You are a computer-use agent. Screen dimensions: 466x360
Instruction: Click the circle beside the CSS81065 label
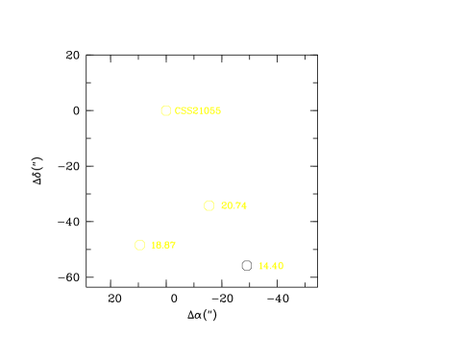tap(165, 111)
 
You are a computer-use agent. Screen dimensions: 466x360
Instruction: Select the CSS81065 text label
tap(198, 111)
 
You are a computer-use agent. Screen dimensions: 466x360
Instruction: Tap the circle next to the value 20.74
tap(208, 205)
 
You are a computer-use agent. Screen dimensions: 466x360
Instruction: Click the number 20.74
tap(234, 206)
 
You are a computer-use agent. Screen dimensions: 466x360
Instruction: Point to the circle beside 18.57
tap(139, 245)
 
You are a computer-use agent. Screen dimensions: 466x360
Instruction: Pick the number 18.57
tap(164, 245)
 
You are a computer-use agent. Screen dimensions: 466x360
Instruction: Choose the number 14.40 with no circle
tap(271, 266)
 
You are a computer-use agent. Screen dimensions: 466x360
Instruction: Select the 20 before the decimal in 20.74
tap(227, 206)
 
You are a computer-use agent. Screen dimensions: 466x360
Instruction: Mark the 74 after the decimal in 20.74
tap(241, 206)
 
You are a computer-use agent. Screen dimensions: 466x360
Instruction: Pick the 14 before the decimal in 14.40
tap(264, 266)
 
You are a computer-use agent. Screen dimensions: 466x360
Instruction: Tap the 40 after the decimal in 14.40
tap(278, 266)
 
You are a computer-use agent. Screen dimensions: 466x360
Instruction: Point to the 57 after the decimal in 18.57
tap(170, 245)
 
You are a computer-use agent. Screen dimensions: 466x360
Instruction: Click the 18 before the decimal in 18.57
tap(157, 245)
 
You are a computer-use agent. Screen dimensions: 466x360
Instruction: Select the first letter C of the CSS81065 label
tap(178, 111)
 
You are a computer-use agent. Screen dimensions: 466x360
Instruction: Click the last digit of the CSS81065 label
tap(218, 111)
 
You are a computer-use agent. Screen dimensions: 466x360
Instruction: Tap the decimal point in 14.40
tap(271, 268)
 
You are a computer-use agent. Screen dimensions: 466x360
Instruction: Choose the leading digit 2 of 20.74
tap(225, 206)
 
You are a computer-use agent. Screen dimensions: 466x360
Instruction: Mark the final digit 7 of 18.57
tap(173, 245)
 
